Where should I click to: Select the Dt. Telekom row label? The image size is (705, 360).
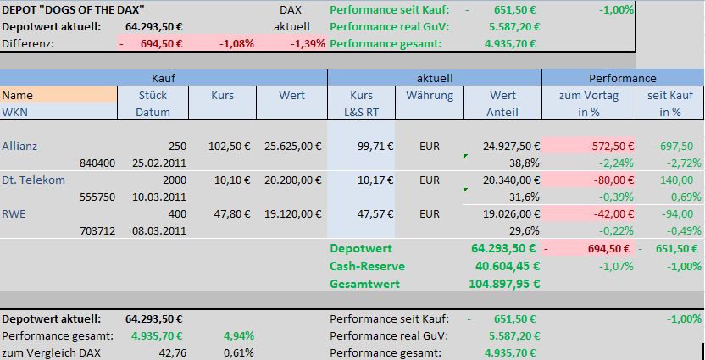[34, 180]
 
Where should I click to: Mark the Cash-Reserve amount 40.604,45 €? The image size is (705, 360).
[503, 266]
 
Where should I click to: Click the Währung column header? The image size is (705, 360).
[429, 96]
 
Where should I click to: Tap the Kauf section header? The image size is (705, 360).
[164, 78]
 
